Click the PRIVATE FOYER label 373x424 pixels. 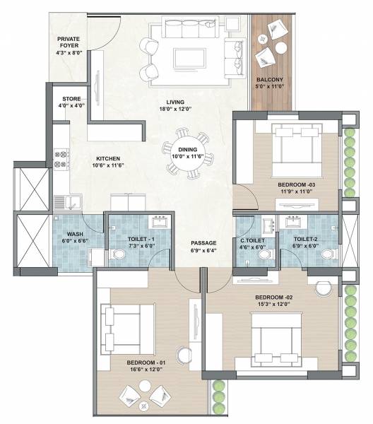(x=69, y=40)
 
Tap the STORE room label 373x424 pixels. (x=71, y=98)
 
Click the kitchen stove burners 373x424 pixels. (x=61, y=159)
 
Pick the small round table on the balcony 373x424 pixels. (x=280, y=48)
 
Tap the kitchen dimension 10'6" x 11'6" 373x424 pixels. (x=108, y=165)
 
